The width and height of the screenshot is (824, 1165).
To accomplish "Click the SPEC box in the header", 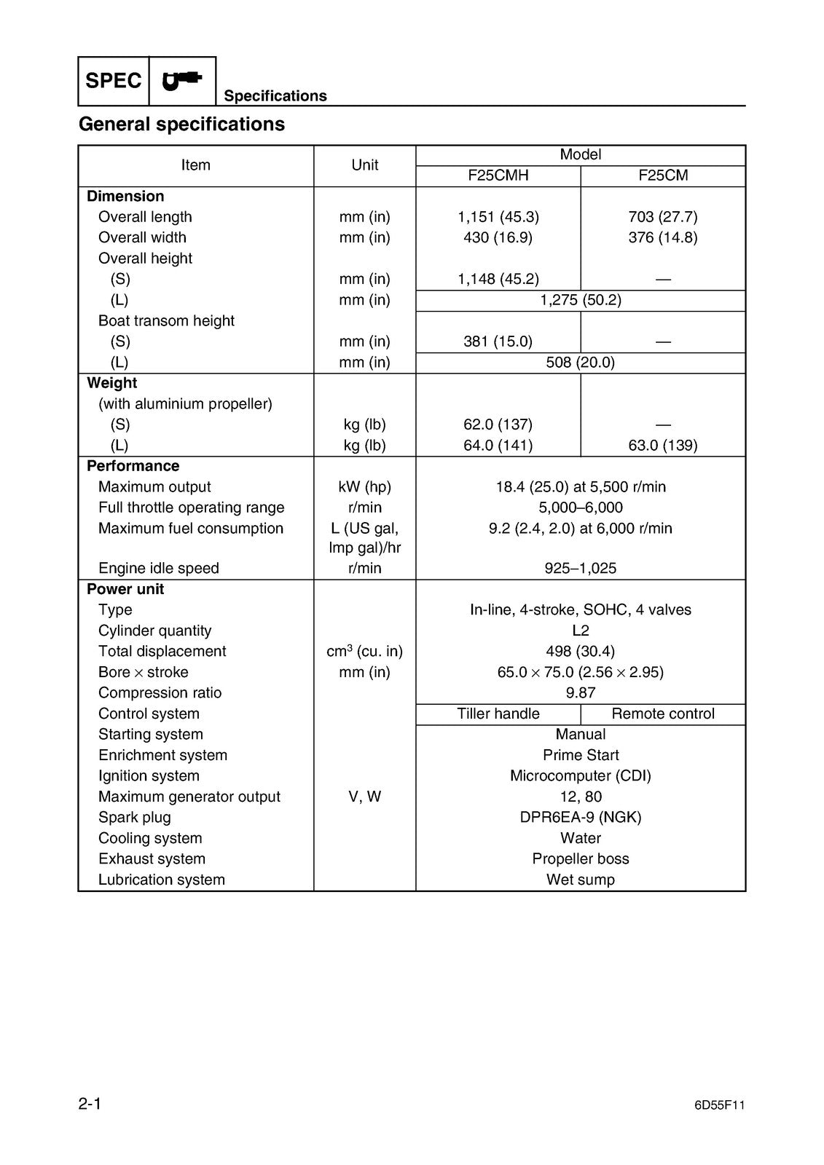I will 114,81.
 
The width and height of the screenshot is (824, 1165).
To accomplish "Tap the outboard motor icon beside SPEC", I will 182,79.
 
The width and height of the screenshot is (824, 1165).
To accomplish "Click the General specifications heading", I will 181,125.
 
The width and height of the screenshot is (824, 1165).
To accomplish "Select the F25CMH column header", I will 498,175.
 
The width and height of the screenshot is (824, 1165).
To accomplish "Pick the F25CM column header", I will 663,175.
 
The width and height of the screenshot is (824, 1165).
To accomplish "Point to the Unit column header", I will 364,165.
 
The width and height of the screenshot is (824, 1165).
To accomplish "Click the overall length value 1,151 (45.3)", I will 498,217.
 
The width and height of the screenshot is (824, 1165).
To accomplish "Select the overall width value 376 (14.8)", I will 663,237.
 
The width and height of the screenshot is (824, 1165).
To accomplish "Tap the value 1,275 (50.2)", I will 581,300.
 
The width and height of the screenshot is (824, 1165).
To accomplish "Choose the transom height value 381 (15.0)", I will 498,341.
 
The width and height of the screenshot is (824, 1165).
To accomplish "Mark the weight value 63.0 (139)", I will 663,446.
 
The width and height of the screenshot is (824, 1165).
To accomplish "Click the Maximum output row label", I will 154,487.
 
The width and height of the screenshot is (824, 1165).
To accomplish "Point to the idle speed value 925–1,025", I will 581,569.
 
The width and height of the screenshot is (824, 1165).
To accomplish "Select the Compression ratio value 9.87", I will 581,693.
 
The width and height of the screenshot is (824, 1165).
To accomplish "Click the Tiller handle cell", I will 498,714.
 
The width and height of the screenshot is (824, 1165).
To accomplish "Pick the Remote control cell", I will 663,714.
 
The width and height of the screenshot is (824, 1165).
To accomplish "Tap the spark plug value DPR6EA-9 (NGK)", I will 581,818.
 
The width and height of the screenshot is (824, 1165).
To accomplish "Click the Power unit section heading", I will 125,589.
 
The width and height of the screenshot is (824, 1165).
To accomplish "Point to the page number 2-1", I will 90,1104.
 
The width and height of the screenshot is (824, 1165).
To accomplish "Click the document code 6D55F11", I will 720,1105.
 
